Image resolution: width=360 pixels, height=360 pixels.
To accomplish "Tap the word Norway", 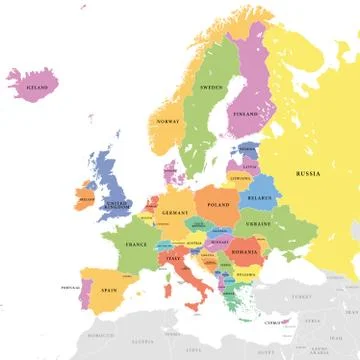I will (x=167, y=123).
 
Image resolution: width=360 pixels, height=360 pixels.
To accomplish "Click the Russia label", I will (x=307, y=173).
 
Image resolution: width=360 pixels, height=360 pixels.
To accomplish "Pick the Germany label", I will (x=175, y=213).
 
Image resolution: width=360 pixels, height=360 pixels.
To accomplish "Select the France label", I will (x=136, y=244).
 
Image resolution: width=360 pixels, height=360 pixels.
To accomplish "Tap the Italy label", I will (x=175, y=258).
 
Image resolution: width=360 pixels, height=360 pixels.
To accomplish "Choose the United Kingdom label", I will (x=118, y=205).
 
